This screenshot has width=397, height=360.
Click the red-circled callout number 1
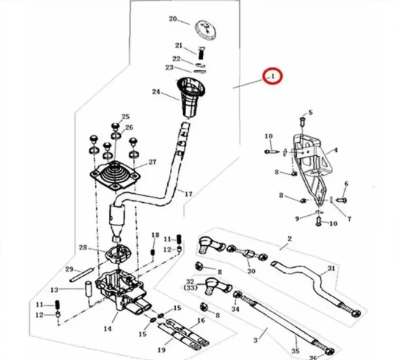click(x=272, y=75)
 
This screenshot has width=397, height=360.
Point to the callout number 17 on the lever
click(x=188, y=194)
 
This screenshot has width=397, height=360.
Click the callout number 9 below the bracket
click(x=297, y=218)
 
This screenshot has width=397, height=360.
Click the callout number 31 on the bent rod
click(x=331, y=269)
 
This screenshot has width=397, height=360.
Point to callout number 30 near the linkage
click(x=251, y=271)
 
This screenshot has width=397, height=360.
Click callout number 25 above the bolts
click(x=125, y=117)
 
